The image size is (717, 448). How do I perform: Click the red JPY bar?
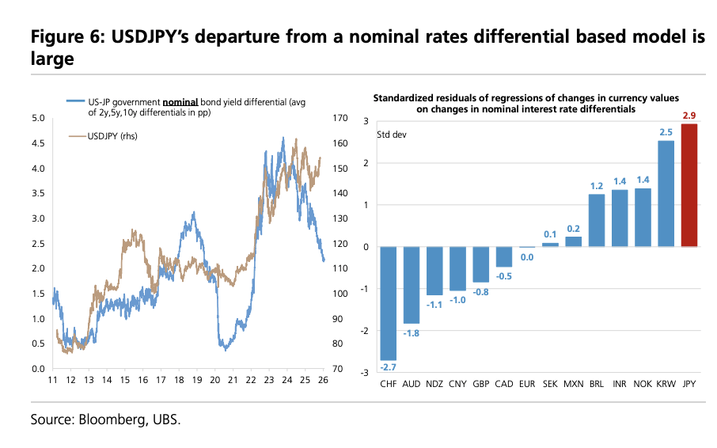tap(689, 185)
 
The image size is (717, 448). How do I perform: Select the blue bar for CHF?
tap(389, 303)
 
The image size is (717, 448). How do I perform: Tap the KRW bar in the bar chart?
tap(666, 194)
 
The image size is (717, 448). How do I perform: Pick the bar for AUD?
tap(412, 285)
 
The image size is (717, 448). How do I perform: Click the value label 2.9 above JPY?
tap(689, 116)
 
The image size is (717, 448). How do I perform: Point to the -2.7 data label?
tap(389, 367)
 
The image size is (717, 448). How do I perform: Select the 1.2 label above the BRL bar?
tap(597, 186)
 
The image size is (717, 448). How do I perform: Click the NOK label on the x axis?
tap(643, 384)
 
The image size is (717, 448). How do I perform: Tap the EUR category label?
tap(527, 384)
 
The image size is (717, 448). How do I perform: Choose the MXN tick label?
tap(574, 384)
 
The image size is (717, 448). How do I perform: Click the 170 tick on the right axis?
tap(341, 119)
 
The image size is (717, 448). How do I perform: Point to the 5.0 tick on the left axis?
tap(38, 119)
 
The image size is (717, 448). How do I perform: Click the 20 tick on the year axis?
tap(215, 381)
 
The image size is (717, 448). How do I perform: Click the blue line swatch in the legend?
tap(75, 102)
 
